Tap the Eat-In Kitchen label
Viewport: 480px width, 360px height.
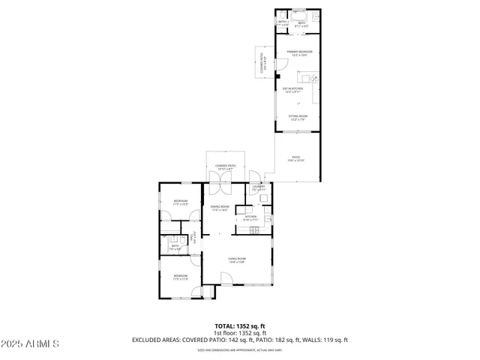tap(292, 91)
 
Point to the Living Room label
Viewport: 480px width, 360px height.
tap(237, 260)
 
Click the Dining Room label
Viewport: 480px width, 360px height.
tap(219, 208)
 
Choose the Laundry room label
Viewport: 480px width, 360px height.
tap(259, 188)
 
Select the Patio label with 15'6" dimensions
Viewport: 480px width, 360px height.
tap(297, 159)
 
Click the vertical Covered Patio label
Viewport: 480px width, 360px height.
tap(263, 64)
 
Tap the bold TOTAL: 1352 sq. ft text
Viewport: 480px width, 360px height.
tap(239, 326)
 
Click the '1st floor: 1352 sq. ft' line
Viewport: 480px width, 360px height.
tap(239, 333)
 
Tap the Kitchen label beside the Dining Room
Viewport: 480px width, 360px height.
tap(250, 218)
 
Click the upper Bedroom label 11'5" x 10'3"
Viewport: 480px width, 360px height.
tap(180, 202)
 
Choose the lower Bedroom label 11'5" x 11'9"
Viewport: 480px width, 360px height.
tap(180, 277)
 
